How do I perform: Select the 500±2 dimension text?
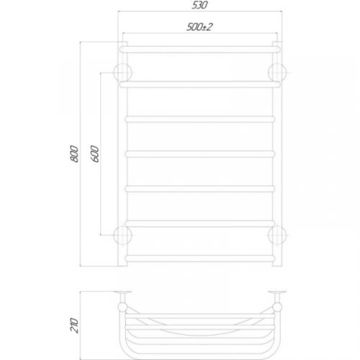(x=199, y=27)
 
